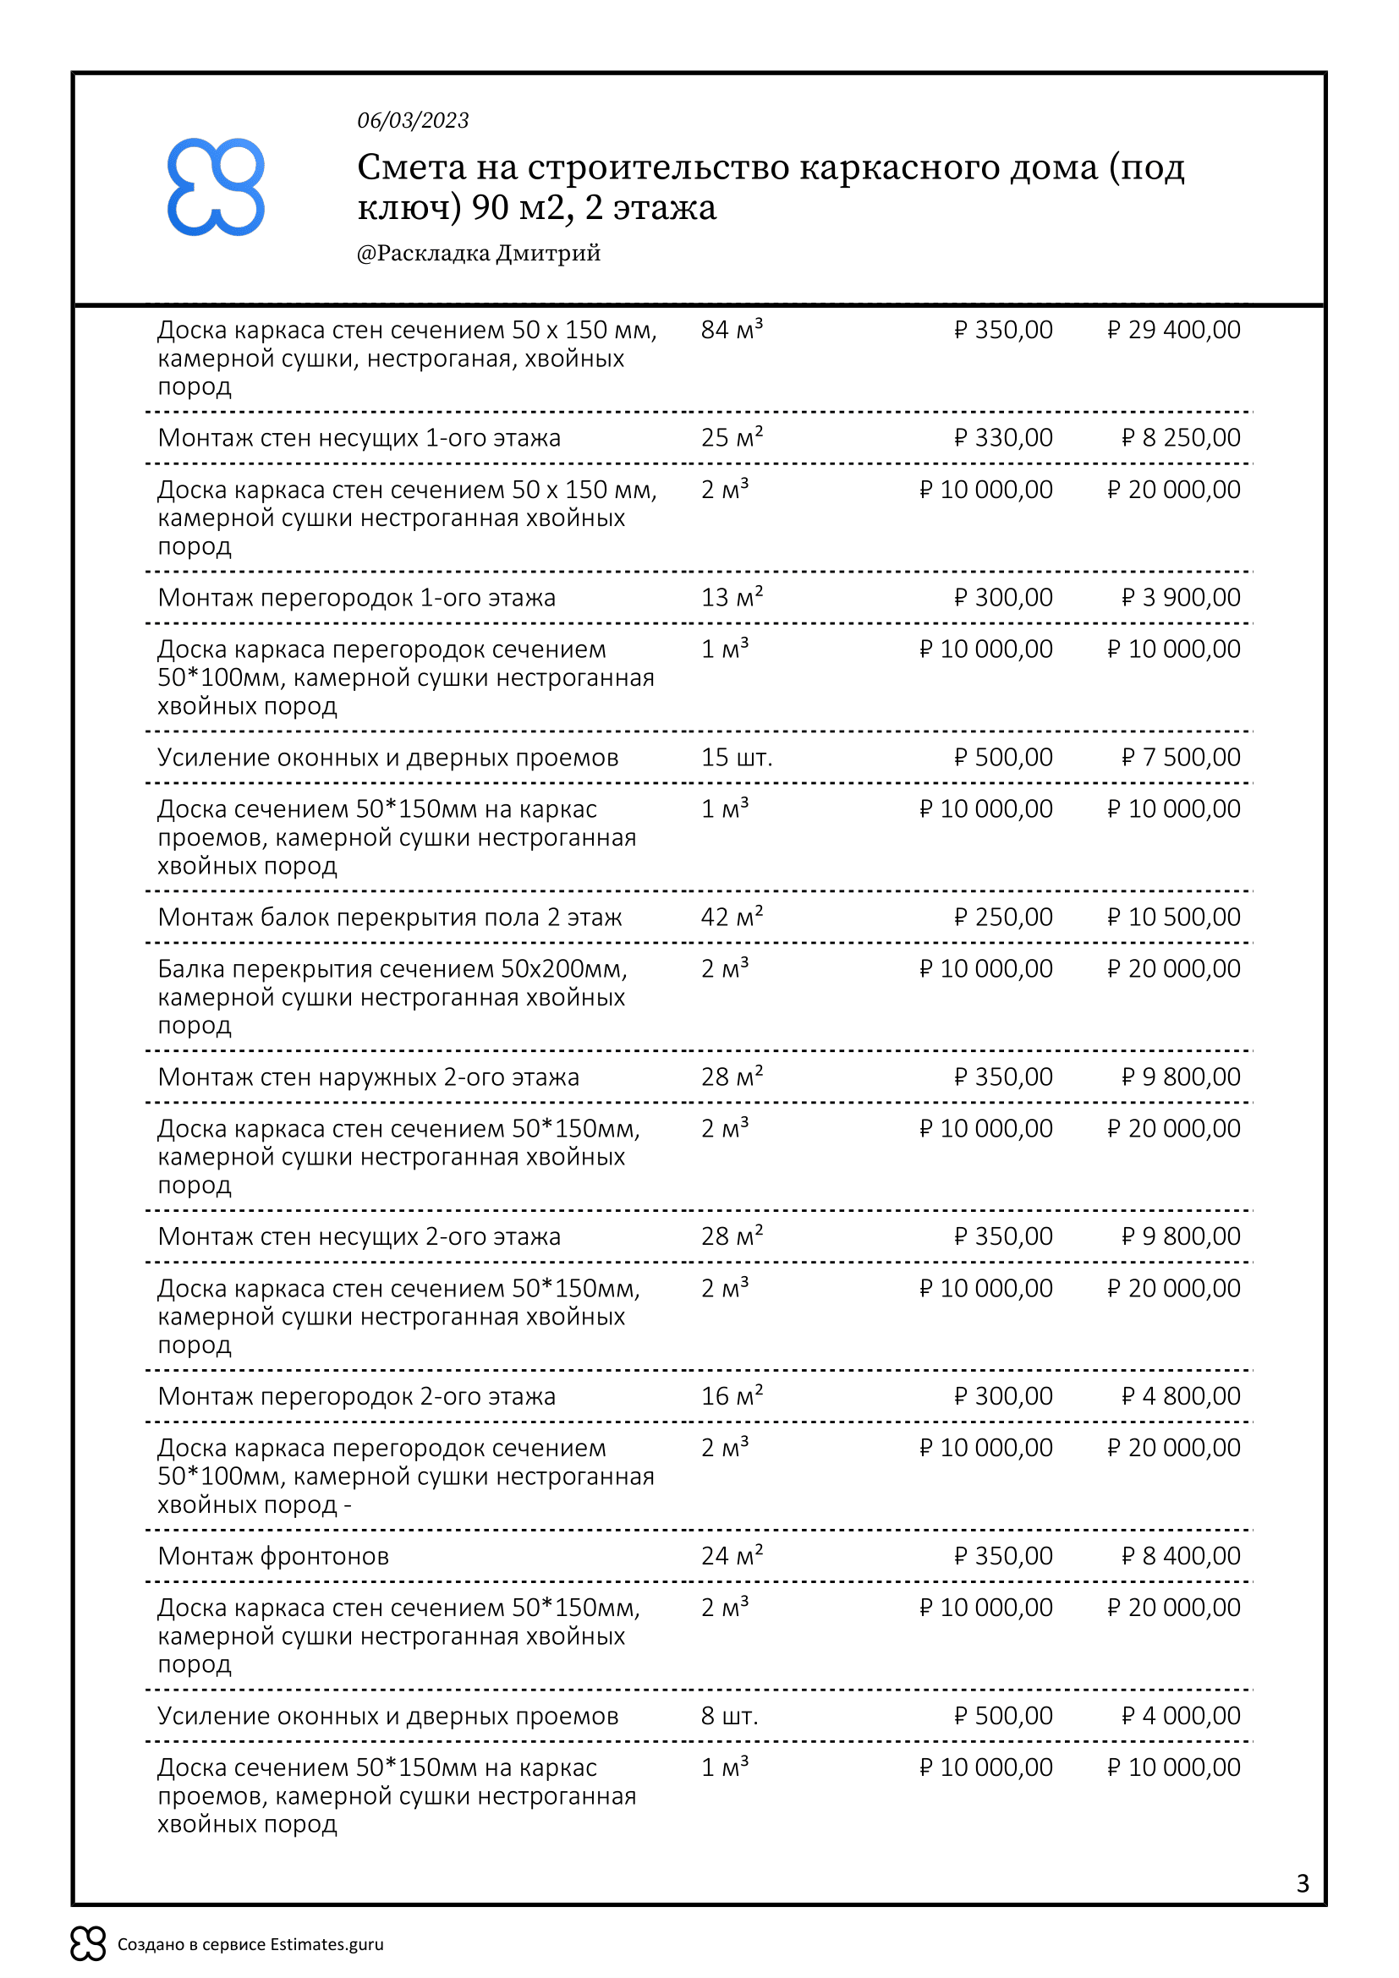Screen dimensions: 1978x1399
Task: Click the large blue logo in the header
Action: pyautogui.click(x=216, y=186)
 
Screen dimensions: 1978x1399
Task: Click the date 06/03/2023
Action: pyautogui.click(x=413, y=121)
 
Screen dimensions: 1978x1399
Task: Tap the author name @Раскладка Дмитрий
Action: pyautogui.click(x=478, y=254)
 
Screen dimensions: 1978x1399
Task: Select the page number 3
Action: pyautogui.click(x=1303, y=1883)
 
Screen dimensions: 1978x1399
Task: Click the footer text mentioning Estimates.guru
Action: pyautogui.click(x=250, y=1944)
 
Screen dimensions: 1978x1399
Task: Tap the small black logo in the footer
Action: pyautogui.click(x=88, y=1943)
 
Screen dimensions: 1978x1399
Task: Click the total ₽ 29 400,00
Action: pyautogui.click(x=1173, y=330)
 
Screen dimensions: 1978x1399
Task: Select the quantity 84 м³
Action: pyautogui.click(x=732, y=330)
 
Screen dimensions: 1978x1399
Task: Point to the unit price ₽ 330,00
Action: pyautogui.click(x=1003, y=438)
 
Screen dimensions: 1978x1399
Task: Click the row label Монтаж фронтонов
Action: pyautogui.click(x=273, y=1556)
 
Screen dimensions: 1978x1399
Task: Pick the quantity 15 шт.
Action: pyautogui.click(x=737, y=757)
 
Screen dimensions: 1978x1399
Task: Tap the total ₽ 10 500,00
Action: pyautogui.click(x=1173, y=917)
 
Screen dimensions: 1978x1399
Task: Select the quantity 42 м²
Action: pyautogui.click(x=732, y=917)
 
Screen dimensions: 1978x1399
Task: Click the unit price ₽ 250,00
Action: pyautogui.click(x=1003, y=917)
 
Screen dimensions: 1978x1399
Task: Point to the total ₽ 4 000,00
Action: pyautogui.click(x=1180, y=1715)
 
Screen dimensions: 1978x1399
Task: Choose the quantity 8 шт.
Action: pyautogui.click(x=730, y=1715)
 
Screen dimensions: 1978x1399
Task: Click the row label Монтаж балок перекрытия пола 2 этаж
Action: pyautogui.click(x=389, y=917)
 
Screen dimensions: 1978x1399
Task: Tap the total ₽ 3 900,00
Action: pyautogui.click(x=1180, y=597)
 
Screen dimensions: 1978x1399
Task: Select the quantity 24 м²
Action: pyautogui.click(x=732, y=1556)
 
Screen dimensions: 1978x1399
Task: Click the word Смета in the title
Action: pyautogui.click(x=411, y=167)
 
